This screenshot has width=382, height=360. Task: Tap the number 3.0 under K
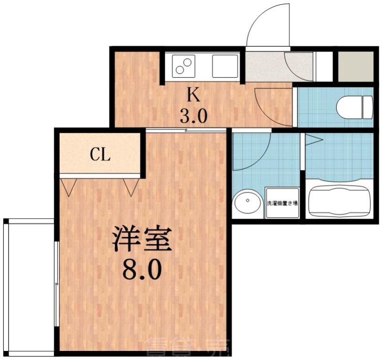193,116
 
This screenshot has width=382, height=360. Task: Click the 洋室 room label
141,240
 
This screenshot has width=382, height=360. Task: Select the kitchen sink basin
225,66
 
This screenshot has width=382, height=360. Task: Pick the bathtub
340,201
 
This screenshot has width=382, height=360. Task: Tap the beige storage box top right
355,66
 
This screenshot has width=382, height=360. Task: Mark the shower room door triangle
312,140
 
